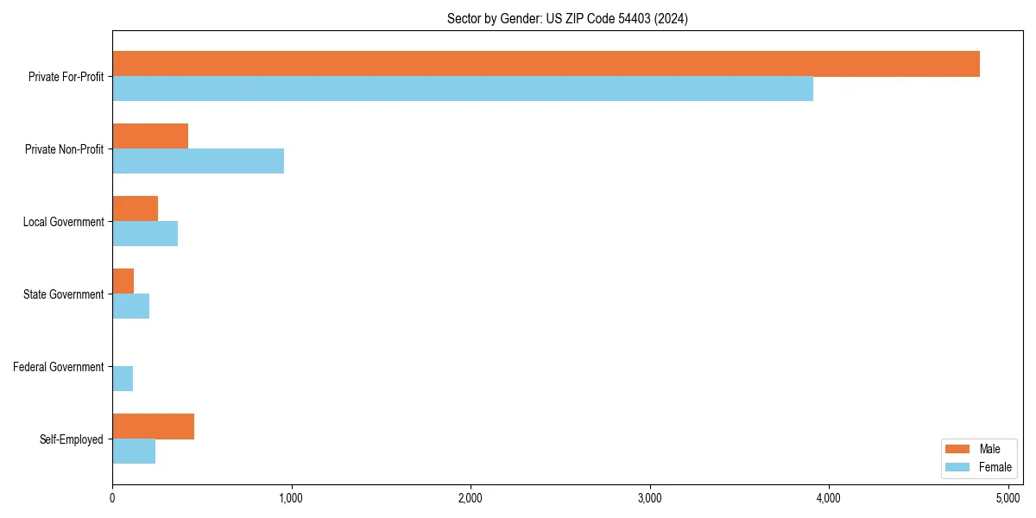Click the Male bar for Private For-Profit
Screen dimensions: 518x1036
pos(546,64)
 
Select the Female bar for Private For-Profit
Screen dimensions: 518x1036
pos(463,89)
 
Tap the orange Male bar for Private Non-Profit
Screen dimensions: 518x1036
pos(150,136)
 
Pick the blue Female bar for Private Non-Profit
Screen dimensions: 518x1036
pos(198,161)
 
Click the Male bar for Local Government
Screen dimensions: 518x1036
pos(135,209)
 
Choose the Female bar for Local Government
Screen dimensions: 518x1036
pos(145,234)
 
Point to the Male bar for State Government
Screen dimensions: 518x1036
pos(123,281)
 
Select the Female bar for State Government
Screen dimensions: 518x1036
pos(130,306)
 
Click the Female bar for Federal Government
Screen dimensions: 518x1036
pos(123,379)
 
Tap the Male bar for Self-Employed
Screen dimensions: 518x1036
pos(153,426)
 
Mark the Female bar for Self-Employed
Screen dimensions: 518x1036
pos(134,452)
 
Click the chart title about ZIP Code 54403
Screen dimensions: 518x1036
pos(567,18)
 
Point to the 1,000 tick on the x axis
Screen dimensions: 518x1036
pos(291,497)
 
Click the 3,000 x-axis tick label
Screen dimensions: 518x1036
pos(649,497)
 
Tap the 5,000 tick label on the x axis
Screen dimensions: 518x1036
pos(1008,497)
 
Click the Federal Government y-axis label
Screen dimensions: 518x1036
pos(58,367)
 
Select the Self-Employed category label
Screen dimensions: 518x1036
pos(71,439)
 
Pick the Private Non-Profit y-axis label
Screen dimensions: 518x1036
pos(64,149)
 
